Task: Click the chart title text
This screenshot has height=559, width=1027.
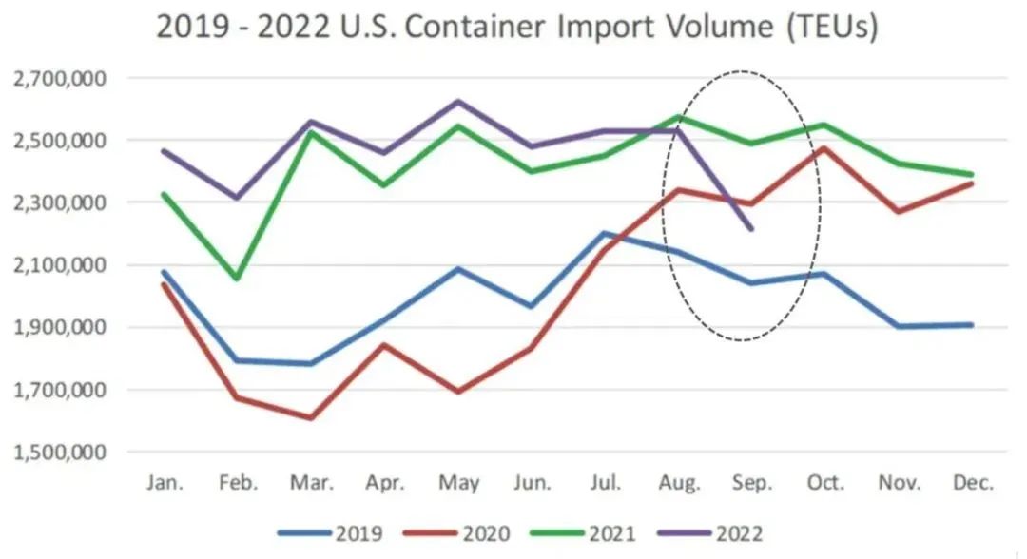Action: click(x=516, y=28)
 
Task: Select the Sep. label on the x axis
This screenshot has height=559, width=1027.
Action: click(x=751, y=484)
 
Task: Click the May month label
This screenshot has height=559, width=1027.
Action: click(x=458, y=484)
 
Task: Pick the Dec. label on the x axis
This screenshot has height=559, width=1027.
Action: click(x=973, y=484)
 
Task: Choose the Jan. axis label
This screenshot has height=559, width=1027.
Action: click(x=165, y=484)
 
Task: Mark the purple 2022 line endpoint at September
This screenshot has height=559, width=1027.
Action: click(x=751, y=229)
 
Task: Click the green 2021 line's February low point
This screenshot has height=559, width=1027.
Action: click(x=238, y=279)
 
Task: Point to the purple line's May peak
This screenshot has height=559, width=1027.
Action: click(x=458, y=101)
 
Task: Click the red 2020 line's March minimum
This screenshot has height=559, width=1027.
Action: click(x=311, y=417)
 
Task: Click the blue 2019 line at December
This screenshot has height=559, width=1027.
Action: click(x=972, y=325)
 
